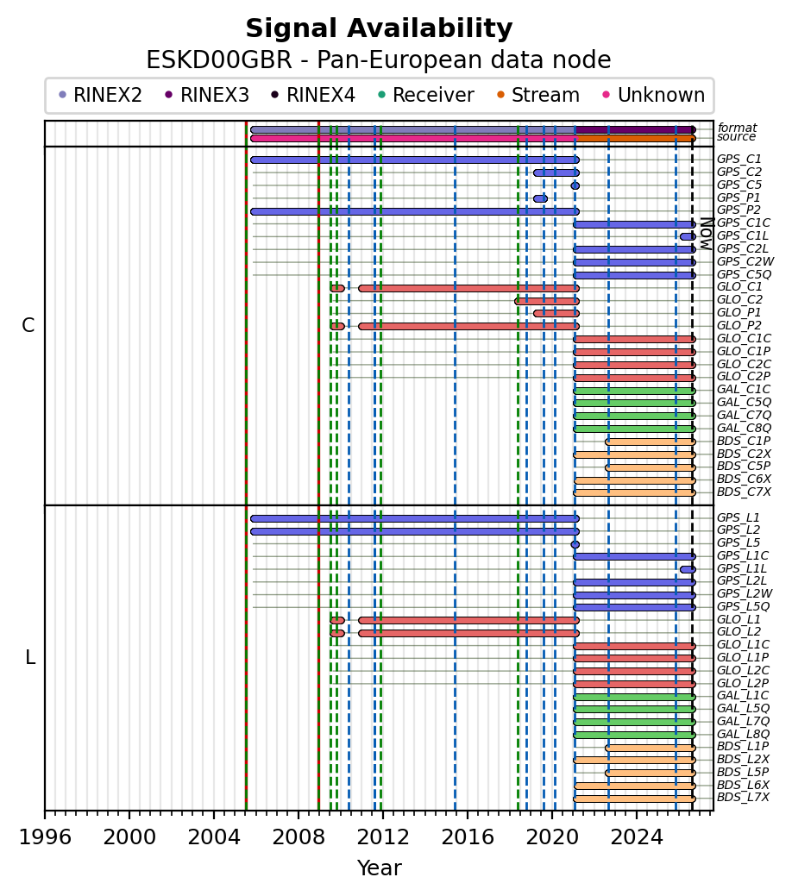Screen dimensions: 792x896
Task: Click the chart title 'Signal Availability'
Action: pyautogui.click(x=379, y=28)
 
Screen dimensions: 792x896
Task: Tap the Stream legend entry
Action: pyautogui.click(x=538, y=95)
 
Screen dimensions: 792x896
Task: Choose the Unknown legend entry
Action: pyautogui.click(x=654, y=95)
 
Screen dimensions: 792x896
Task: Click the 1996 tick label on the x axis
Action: pyautogui.click(x=45, y=837)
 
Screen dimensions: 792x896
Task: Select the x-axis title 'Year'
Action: pyautogui.click(x=379, y=868)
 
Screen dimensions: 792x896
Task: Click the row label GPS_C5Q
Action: pyautogui.click(x=744, y=274)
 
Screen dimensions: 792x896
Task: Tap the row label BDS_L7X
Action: pyautogui.click(x=743, y=797)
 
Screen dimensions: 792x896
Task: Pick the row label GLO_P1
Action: pyautogui.click(x=739, y=312)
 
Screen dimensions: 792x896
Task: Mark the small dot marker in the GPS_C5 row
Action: pyautogui.click(x=575, y=185)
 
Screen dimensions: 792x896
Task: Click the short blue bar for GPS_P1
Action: pyautogui.click(x=540, y=199)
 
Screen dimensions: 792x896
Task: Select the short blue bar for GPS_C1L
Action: pyautogui.click(x=688, y=236)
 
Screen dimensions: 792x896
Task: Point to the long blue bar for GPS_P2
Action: pyautogui.click(x=415, y=211)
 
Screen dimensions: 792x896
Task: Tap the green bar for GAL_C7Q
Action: pyautogui.click(x=634, y=416)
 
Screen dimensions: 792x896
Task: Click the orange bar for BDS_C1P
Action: pyautogui.click(x=651, y=442)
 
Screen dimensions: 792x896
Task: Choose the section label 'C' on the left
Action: pyautogui.click(x=28, y=325)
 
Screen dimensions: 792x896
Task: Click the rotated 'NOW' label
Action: pyautogui.click(x=707, y=234)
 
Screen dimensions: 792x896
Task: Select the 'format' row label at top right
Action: pyautogui.click(x=737, y=128)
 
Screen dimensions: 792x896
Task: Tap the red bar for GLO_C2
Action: pyautogui.click(x=547, y=301)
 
